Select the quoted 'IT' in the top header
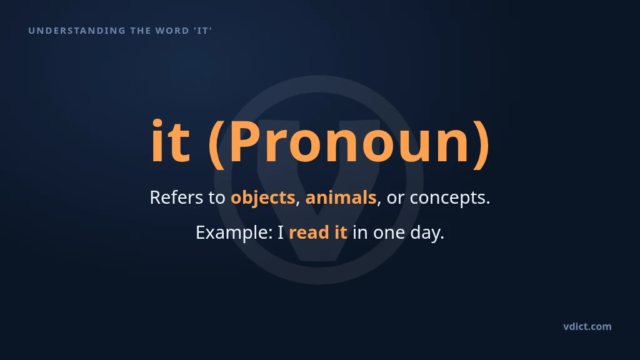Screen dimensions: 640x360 click(203, 31)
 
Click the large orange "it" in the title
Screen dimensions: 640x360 click(171, 141)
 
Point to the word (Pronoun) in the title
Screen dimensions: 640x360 click(349, 143)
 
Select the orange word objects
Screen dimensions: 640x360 click(263, 198)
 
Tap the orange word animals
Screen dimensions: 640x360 click(341, 197)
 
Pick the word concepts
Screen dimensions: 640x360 click(450, 198)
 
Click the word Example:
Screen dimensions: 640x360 click(234, 233)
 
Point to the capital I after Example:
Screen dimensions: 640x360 click(281, 232)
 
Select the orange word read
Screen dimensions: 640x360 click(309, 232)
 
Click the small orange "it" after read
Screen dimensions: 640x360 click(341, 232)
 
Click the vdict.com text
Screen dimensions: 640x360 click(587, 326)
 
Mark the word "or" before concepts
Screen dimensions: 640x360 click(396, 199)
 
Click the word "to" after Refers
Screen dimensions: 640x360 click(217, 198)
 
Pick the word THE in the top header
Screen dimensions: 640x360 click(141, 31)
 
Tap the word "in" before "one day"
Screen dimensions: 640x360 click(360, 233)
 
